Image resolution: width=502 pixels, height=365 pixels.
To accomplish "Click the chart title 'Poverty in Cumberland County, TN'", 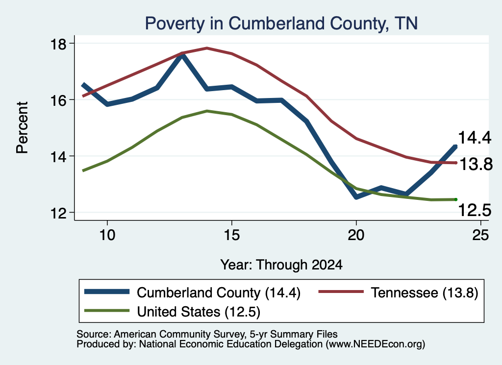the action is [281, 24].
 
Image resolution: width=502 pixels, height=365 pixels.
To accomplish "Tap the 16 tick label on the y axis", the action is [58, 100].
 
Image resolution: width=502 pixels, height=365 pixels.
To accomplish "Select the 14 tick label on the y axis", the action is [58, 156].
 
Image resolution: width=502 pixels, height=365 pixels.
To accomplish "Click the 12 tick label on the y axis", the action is [58, 213].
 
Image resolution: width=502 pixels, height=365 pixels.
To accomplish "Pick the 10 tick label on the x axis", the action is [107, 235].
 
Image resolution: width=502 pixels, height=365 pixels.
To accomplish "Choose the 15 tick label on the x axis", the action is [231, 235].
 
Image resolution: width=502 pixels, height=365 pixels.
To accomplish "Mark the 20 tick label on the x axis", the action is [356, 235].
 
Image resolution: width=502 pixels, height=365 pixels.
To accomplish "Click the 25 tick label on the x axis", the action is [480, 235].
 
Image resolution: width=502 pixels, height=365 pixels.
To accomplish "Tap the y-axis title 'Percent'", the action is [22, 127].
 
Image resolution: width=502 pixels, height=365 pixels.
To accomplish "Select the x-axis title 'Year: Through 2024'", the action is [281, 265].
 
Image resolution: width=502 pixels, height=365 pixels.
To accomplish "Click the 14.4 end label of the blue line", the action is [475, 138].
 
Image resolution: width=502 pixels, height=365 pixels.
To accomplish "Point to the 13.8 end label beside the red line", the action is [476, 165].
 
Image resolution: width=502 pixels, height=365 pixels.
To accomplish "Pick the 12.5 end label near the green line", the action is [475, 211].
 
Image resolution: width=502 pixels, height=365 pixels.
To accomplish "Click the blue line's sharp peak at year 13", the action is [182, 55].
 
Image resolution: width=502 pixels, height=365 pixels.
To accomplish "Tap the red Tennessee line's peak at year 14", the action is [207, 49].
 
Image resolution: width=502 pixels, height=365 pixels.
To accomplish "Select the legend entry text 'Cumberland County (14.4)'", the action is [219, 292].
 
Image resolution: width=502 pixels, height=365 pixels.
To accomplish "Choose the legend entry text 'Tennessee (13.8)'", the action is [425, 292].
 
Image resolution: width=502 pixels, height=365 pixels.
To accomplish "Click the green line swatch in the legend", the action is [107, 311].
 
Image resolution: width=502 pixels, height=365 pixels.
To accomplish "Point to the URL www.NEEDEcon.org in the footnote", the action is [376, 344].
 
